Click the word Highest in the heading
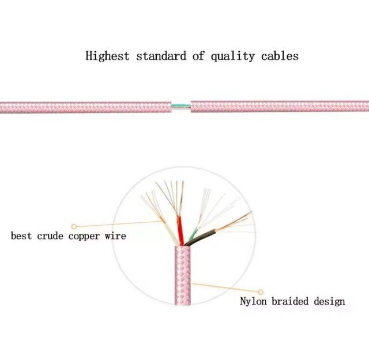[x=107, y=56]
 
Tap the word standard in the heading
[x=161, y=56]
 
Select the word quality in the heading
[x=232, y=56]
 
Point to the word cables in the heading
[x=280, y=56]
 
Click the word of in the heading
[x=198, y=56]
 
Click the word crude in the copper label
[x=50, y=236]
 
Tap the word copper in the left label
[x=84, y=236]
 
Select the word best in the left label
[x=21, y=236]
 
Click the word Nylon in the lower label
[x=253, y=301]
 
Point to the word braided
[x=290, y=301]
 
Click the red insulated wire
[x=180, y=231]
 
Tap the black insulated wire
[x=200, y=237]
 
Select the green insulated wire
[x=194, y=236]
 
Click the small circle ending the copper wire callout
[x=74, y=226]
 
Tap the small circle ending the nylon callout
[x=261, y=292]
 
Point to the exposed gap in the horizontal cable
[x=181, y=107]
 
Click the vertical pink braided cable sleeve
[x=183, y=275]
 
